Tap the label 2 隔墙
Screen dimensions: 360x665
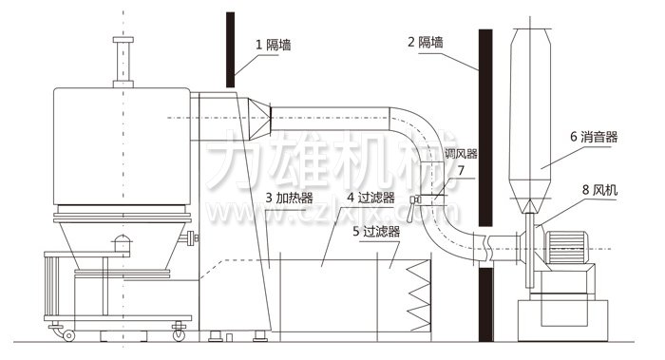coord(426,43)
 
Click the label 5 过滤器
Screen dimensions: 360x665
coord(376,231)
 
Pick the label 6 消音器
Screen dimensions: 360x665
coord(594,137)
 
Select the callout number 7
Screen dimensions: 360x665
coord(461,171)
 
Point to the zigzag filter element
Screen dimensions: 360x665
coord(419,294)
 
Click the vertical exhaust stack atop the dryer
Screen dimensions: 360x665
coord(121,62)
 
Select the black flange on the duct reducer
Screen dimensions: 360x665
coord(272,118)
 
